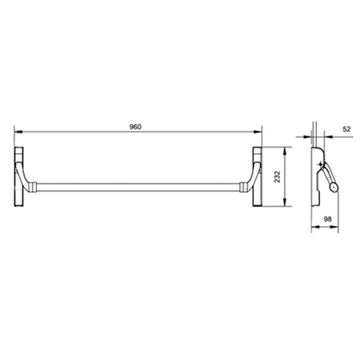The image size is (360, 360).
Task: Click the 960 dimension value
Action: (x=135, y=127)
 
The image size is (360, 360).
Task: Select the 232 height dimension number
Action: (x=277, y=176)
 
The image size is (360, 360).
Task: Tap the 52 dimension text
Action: (x=346, y=129)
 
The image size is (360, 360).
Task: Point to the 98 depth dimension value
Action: (x=328, y=219)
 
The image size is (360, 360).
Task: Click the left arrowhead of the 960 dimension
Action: (x=18, y=132)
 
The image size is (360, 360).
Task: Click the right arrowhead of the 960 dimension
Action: (x=258, y=132)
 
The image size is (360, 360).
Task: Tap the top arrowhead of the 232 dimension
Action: (x=285, y=150)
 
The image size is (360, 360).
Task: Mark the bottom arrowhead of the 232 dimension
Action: (x=285, y=202)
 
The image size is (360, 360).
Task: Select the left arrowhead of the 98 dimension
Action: (x=315, y=227)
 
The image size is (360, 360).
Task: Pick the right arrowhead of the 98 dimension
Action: (x=335, y=227)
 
